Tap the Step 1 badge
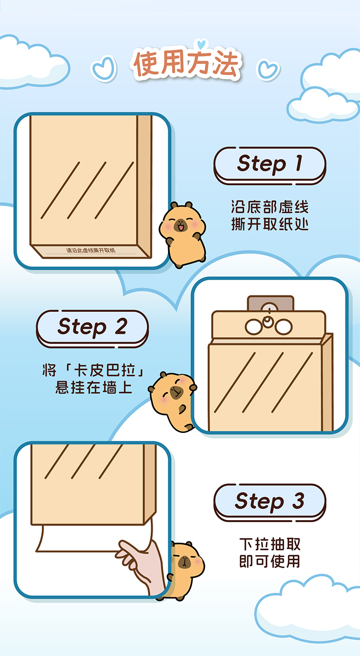point(269,164)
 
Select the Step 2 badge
point(92,327)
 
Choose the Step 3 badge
point(269,501)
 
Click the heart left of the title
point(104,68)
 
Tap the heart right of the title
point(268,69)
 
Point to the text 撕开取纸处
point(269,224)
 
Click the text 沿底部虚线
point(269,207)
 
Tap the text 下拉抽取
point(270,544)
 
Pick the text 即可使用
point(270,561)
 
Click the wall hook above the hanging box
point(270,303)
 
